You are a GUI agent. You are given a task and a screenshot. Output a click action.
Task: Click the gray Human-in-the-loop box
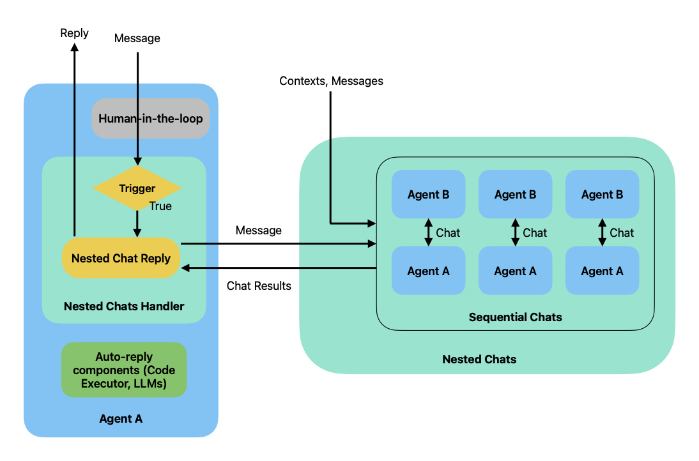point(151,118)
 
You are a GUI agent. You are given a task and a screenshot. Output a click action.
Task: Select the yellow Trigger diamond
point(137,188)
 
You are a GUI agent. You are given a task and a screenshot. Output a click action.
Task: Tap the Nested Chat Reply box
point(121,259)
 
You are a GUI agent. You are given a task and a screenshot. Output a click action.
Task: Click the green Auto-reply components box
point(124,370)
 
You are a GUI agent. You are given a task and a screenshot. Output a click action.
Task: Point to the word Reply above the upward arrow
point(74,33)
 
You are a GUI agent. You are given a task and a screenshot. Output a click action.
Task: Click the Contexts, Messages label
point(331,81)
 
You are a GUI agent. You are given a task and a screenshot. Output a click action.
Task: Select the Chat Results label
point(259,285)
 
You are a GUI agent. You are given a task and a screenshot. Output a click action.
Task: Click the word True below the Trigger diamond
point(160,206)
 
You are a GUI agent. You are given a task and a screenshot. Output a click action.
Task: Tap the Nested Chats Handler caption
point(124,306)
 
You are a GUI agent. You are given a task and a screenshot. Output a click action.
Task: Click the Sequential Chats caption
point(515,317)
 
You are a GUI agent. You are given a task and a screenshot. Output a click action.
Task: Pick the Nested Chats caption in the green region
point(479,359)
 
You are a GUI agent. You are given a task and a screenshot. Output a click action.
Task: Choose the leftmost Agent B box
point(428,195)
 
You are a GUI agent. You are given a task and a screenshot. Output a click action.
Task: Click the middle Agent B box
point(515,195)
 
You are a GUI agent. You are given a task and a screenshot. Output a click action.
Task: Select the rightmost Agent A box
point(602,271)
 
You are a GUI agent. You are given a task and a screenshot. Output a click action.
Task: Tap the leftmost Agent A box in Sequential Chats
point(428,271)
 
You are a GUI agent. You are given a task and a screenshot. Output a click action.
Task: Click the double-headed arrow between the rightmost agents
point(602,232)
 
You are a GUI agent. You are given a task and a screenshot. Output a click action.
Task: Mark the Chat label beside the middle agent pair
point(535,232)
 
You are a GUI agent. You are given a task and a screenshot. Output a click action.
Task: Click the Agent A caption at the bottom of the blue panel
point(121,419)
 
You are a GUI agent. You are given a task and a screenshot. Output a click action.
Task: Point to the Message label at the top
point(137,38)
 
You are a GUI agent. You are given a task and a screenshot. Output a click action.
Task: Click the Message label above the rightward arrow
point(258,230)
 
